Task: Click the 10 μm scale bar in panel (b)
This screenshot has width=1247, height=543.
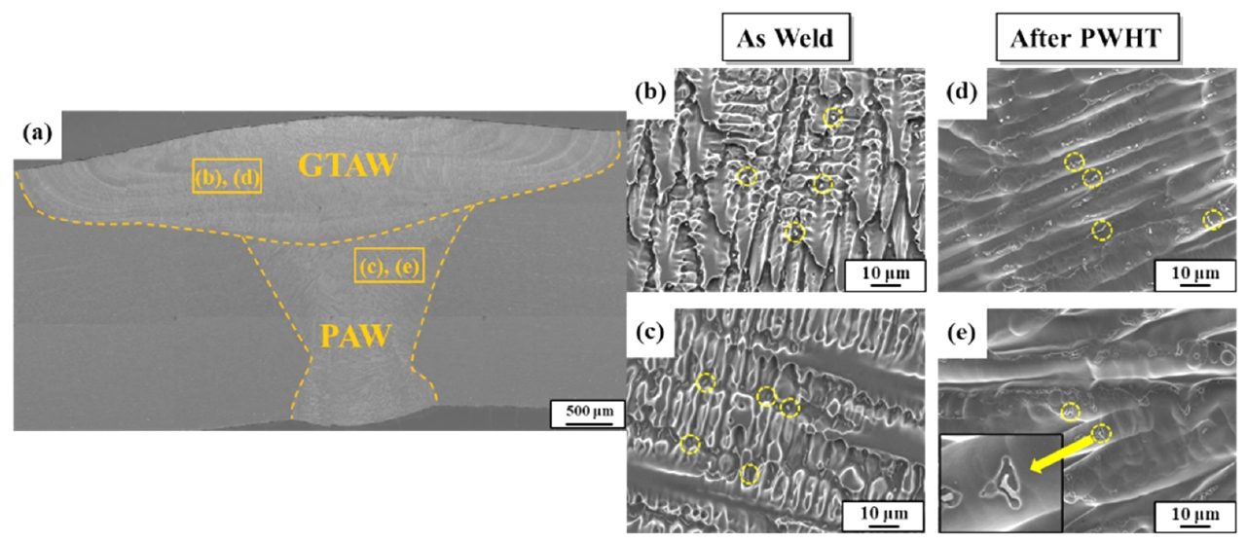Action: point(884,273)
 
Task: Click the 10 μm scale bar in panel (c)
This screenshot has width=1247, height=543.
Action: point(884,513)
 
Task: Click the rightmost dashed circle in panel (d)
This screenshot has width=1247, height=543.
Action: point(1213,220)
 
